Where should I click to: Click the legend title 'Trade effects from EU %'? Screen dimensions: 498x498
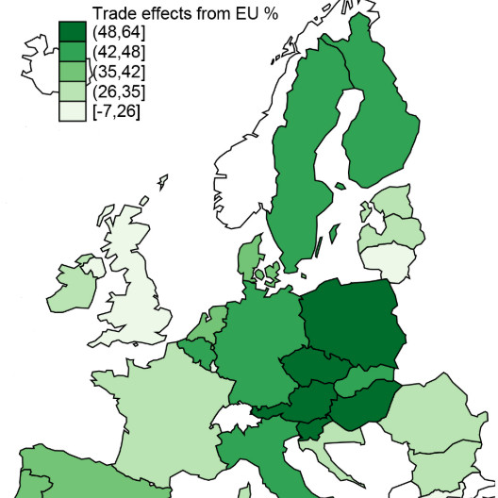(x=176, y=11)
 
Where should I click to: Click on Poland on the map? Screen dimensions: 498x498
(x=351, y=321)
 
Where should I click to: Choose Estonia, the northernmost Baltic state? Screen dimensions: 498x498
(x=395, y=203)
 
